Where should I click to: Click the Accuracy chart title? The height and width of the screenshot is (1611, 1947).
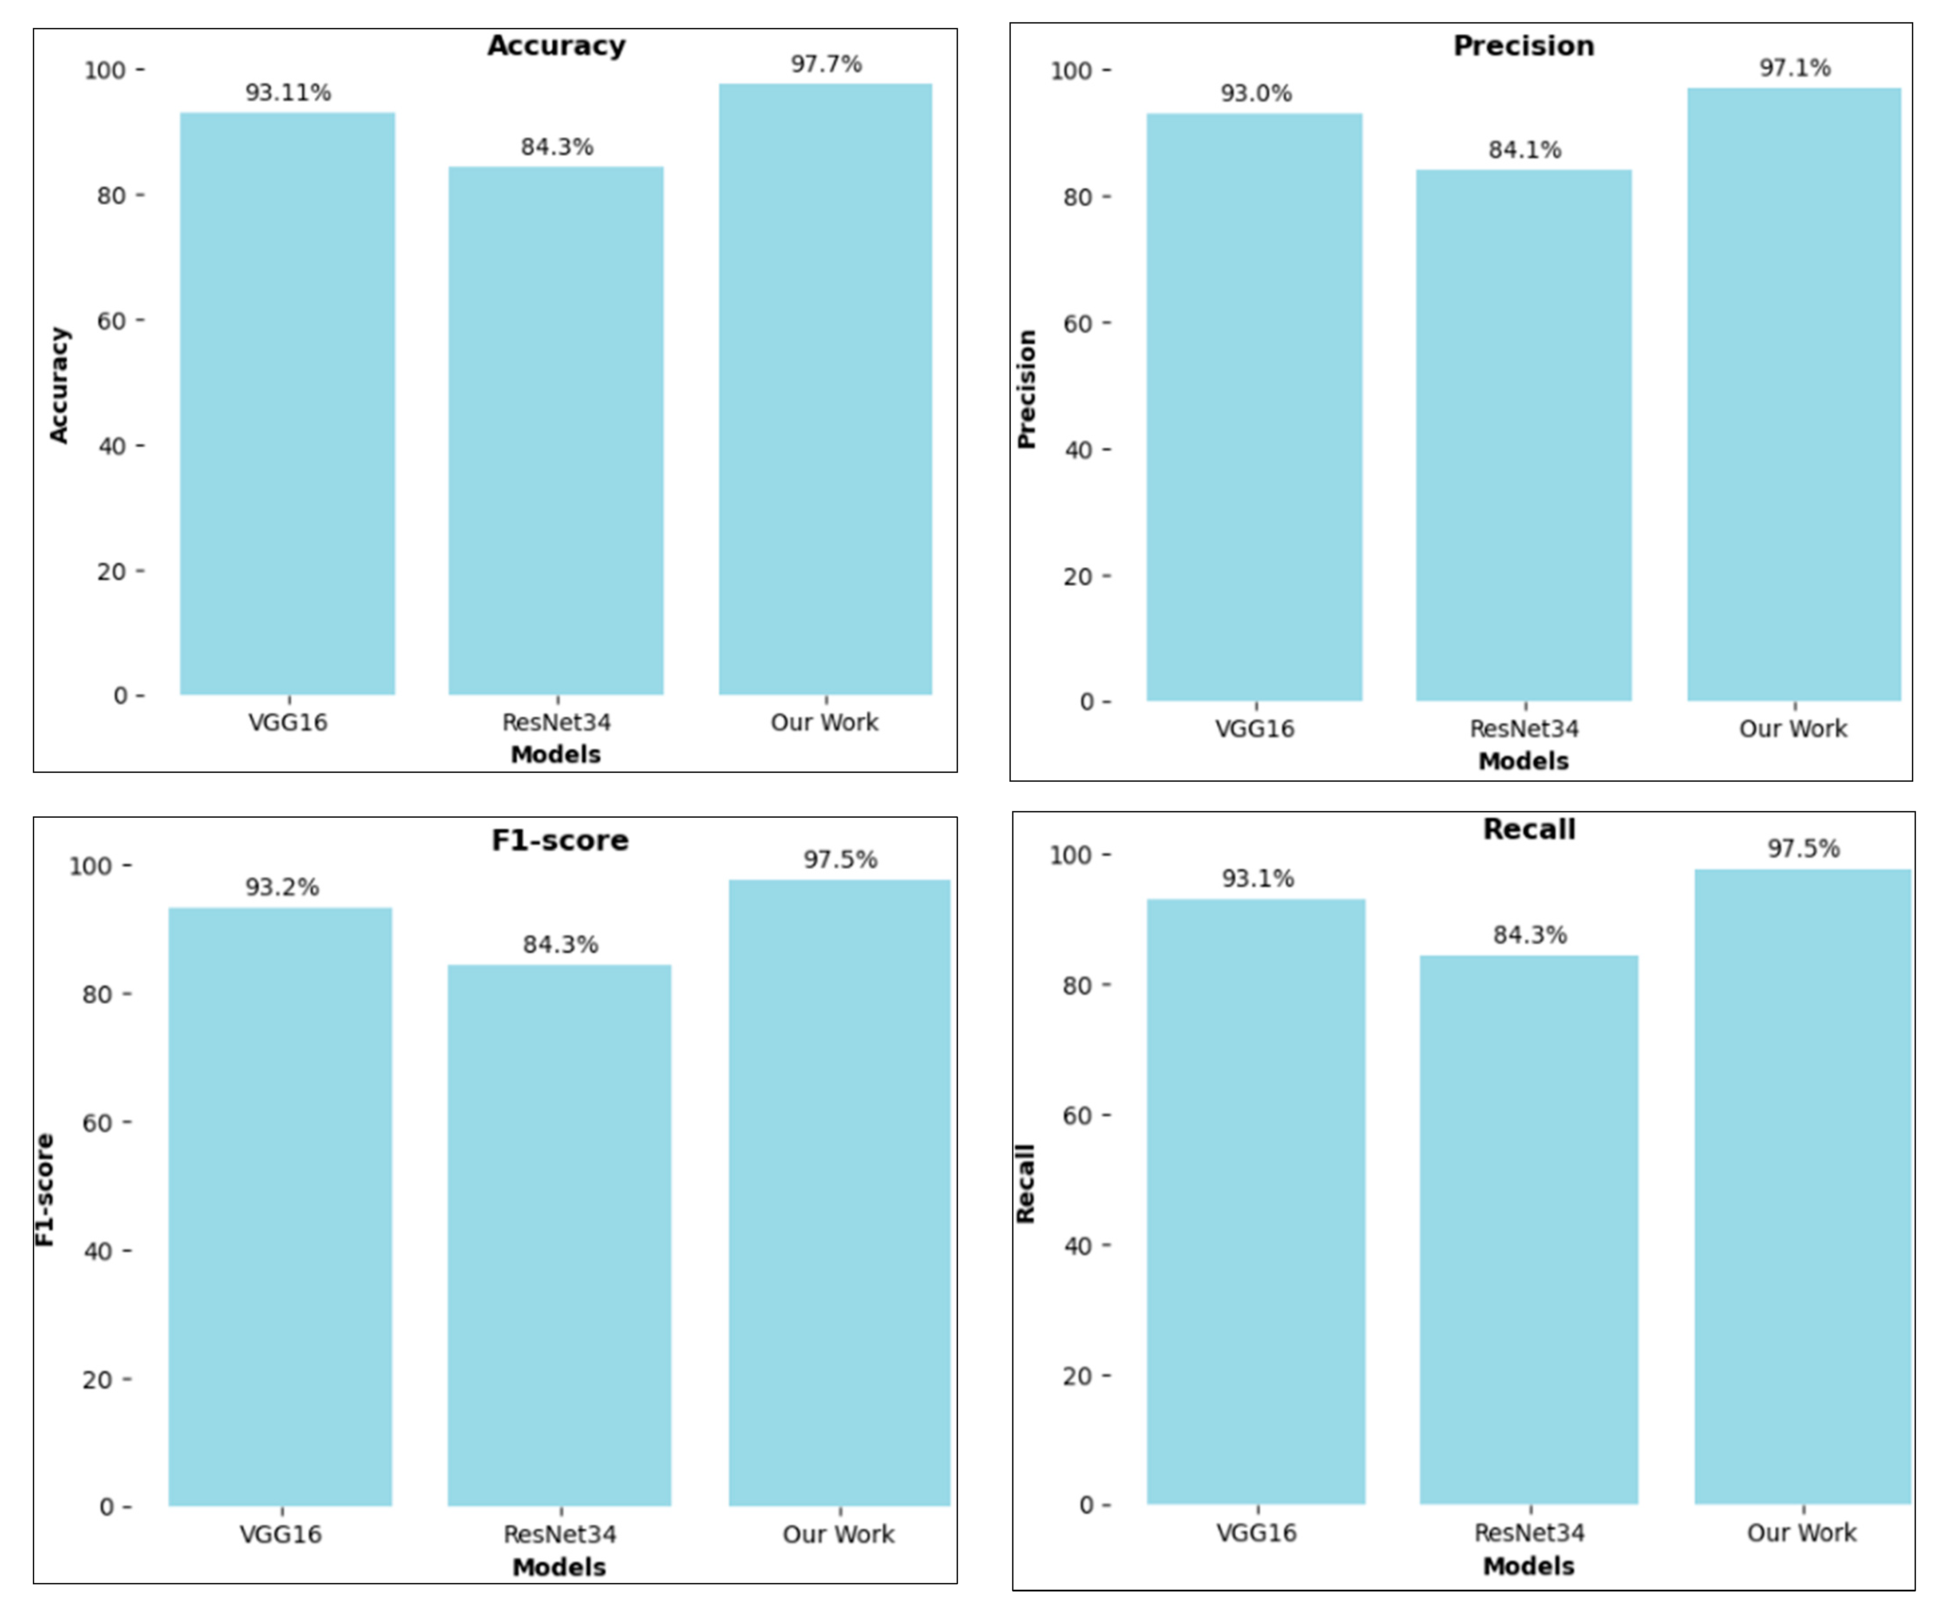coord(556,45)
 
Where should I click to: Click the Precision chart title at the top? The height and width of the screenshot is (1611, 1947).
coord(1524,45)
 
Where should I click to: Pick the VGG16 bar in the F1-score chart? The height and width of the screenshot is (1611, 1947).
coord(280,1206)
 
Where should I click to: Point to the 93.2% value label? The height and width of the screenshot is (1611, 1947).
coord(282,887)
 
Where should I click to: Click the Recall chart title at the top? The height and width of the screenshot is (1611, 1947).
coord(1529,829)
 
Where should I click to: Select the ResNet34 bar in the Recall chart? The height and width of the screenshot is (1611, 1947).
coord(1529,1229)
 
